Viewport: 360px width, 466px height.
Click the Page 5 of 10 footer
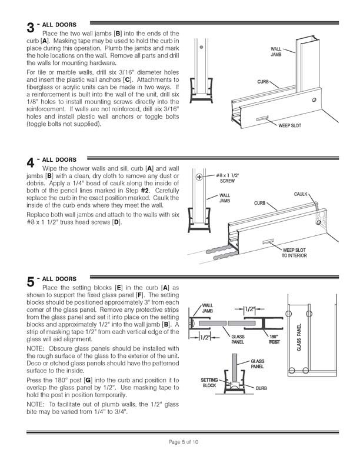tap(180, 441)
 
